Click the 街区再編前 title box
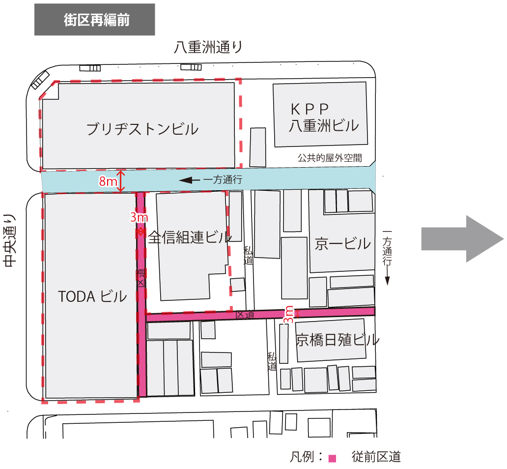95,20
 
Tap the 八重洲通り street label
209,48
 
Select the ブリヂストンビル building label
142,129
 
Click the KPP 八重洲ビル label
323,117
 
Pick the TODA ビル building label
92,296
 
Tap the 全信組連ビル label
190,238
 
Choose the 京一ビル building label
343,243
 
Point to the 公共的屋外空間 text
330,158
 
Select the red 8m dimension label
108,181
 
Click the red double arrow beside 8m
121,181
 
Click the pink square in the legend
332,459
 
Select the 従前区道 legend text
376,457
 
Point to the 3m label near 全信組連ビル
139,217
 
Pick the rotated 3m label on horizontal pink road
289,314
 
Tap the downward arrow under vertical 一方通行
387,281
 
